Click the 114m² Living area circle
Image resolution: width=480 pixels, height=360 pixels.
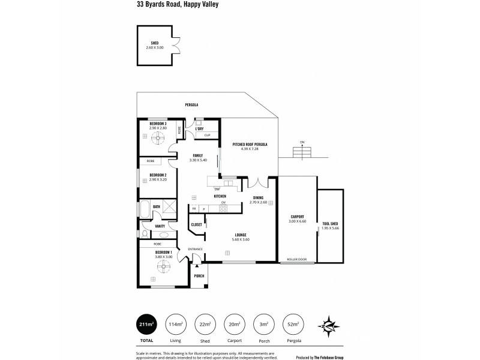pos(176,325)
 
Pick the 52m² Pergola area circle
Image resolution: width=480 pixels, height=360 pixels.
pos(292,325)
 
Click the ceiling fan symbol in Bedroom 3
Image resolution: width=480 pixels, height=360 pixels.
pos(158,139)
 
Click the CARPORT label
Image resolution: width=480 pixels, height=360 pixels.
pos(297,217)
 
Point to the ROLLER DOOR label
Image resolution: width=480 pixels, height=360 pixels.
pos(296,259)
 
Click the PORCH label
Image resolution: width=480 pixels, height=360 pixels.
pos(199,276)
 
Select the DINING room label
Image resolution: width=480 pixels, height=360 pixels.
pos(258,197)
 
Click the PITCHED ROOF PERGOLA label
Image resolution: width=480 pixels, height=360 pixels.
pos(250,145)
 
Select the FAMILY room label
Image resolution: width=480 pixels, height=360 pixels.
pos(197,155)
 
